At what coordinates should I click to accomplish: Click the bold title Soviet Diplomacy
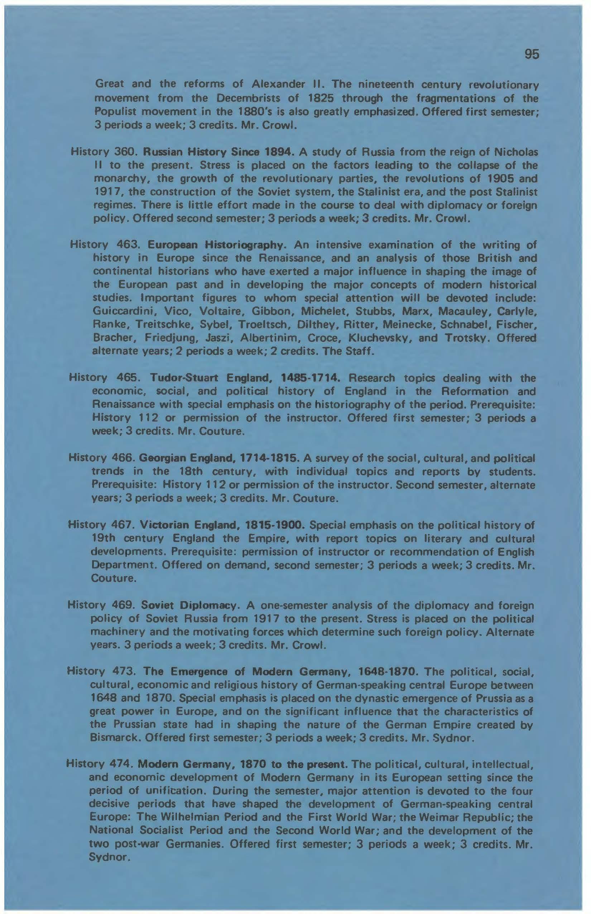[190, 606]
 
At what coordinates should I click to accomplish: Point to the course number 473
[122, 672]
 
